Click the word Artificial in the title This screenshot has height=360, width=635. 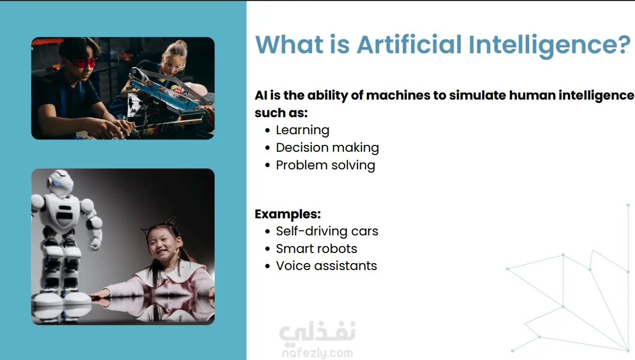click(x=409, y=44)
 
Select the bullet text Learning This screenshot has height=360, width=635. click(x=302, y=130)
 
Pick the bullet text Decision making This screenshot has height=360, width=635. click(x=327, y=148)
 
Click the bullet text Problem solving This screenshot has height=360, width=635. click(x=326, y=166)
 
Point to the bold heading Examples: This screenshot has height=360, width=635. click(x=287, y=214)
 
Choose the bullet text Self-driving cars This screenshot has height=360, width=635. click(x=327, y=231)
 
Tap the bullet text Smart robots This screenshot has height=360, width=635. click(x=316, y=249)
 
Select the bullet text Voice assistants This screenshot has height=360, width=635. click(x=326, y=266)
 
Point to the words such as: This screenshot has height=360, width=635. click(x=281, y=113)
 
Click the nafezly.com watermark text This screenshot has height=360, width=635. click(x=317, y=353)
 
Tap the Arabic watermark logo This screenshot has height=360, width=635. click(x=317, y=332)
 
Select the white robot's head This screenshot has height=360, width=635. click(x=60, y=183)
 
